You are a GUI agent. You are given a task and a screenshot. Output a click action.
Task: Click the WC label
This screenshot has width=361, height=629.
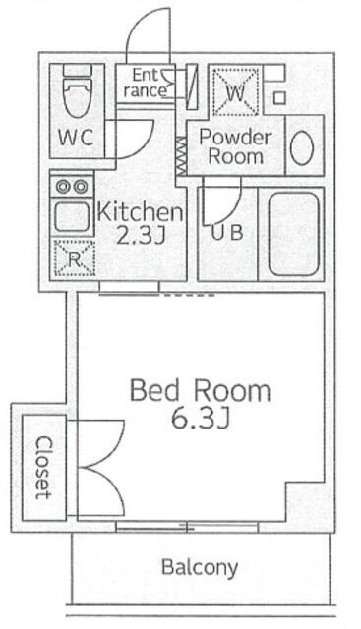click(76, 138)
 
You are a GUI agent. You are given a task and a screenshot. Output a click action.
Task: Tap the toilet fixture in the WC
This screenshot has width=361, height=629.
click(78, 91)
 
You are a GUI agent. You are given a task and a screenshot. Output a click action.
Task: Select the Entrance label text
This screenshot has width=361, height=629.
click(146, 83)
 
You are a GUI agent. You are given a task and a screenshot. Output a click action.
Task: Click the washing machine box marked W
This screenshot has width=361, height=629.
click(235, 92)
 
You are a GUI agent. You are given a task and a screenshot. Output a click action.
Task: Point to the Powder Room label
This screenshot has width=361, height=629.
click(235, 146)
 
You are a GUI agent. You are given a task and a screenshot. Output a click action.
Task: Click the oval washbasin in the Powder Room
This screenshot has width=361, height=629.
click(302, 147)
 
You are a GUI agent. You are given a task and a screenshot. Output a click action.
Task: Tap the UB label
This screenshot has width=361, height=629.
click(227, 233)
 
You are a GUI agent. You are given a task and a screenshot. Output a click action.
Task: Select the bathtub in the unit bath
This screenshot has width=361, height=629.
click(293, 234)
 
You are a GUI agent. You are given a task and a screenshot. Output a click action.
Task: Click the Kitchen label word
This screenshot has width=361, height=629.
click(140, 212)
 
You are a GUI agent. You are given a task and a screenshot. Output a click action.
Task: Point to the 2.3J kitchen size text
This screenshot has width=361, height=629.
click(141, 236)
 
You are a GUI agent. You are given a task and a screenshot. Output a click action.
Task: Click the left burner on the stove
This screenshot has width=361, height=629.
click(63, 186)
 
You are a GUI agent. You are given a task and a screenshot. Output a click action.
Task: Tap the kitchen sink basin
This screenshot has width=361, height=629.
click(72, 216)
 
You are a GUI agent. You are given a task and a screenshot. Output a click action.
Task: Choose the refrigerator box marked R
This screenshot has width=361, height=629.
click(75, 258)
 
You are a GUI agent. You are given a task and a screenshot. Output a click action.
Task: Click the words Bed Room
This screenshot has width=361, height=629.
click(200, 391)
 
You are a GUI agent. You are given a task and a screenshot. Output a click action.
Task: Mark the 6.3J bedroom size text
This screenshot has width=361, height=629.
click(201, 420)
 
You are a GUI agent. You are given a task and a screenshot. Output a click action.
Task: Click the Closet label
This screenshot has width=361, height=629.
click(43, 468)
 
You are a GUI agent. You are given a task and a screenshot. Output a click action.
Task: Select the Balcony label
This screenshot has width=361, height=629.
click(200, 568)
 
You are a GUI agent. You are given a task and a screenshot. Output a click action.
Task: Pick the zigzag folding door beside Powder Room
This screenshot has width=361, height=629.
click(182, 155)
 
